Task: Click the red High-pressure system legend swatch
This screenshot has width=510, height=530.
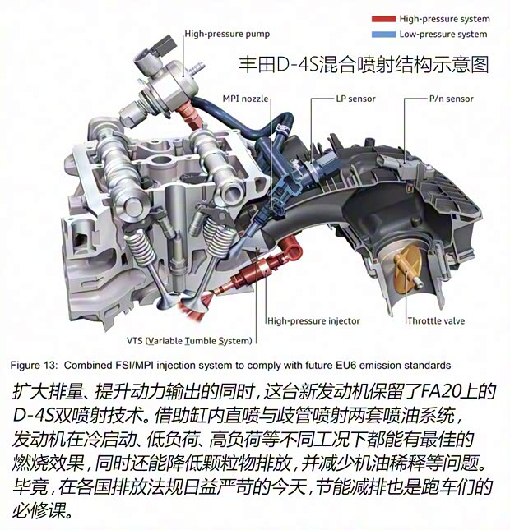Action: pyautogui.click(x=383, y=19)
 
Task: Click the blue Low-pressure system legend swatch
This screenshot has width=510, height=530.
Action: pyautogui.click(x=383, y=35)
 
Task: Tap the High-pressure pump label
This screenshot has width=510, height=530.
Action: pyautogui.click(x=227, y=34)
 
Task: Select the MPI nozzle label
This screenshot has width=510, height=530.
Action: pyautogui.click(x=245, y=99)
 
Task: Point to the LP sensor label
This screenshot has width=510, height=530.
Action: pyautogui.click(x=355, y=99)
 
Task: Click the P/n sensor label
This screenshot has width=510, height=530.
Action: pyautogui.click(x=451, y=99)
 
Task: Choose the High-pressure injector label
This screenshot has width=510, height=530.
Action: pyautogui.click(x=313, y=320)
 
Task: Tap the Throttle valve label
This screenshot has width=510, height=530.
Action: pyautogui.click(x=436, y=320)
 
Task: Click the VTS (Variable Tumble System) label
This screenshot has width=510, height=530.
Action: pyautogui.click(x=189, y=341)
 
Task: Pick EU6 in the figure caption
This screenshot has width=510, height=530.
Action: pyautogui.click(x=346, y=366)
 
